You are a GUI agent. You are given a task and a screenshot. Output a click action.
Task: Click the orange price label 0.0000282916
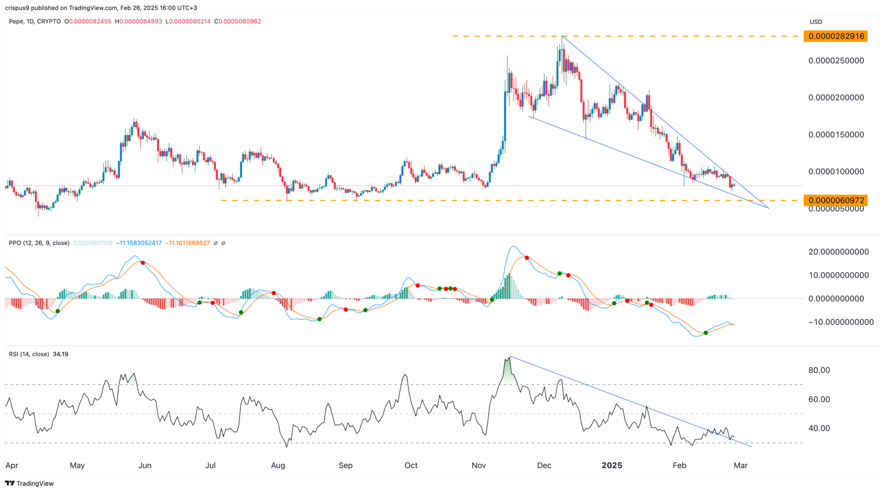coord(835,36)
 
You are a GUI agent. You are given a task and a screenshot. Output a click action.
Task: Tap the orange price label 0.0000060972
coord(835,200)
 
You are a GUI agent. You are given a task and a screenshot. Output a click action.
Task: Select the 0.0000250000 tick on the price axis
coord(836,61)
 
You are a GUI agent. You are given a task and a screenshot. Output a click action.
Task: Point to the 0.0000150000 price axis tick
coord(836,135)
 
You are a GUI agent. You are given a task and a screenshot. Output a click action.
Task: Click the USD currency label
coord(815,22)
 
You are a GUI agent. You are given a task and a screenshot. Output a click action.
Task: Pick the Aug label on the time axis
coord(278,466)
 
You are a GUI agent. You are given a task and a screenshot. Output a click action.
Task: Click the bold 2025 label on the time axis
coord(611,466)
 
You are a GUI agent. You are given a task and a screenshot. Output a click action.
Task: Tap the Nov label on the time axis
coord(478,466)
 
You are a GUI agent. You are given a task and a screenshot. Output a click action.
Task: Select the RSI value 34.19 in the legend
coord(60,354)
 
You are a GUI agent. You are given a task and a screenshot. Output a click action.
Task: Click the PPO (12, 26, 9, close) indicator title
coord(39,243)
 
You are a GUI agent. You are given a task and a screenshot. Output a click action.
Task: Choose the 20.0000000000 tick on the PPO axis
coord(838,252)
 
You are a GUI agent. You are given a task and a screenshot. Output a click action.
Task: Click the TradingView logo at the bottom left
coord(29,483)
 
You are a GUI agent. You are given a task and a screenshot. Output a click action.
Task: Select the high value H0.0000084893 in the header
coord(138,22)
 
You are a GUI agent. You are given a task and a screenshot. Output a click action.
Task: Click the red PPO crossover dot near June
coord(143,263)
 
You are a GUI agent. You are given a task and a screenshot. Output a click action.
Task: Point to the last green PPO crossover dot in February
coord(706,333)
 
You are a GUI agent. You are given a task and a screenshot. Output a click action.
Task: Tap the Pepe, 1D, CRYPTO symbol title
coord(35,22)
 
